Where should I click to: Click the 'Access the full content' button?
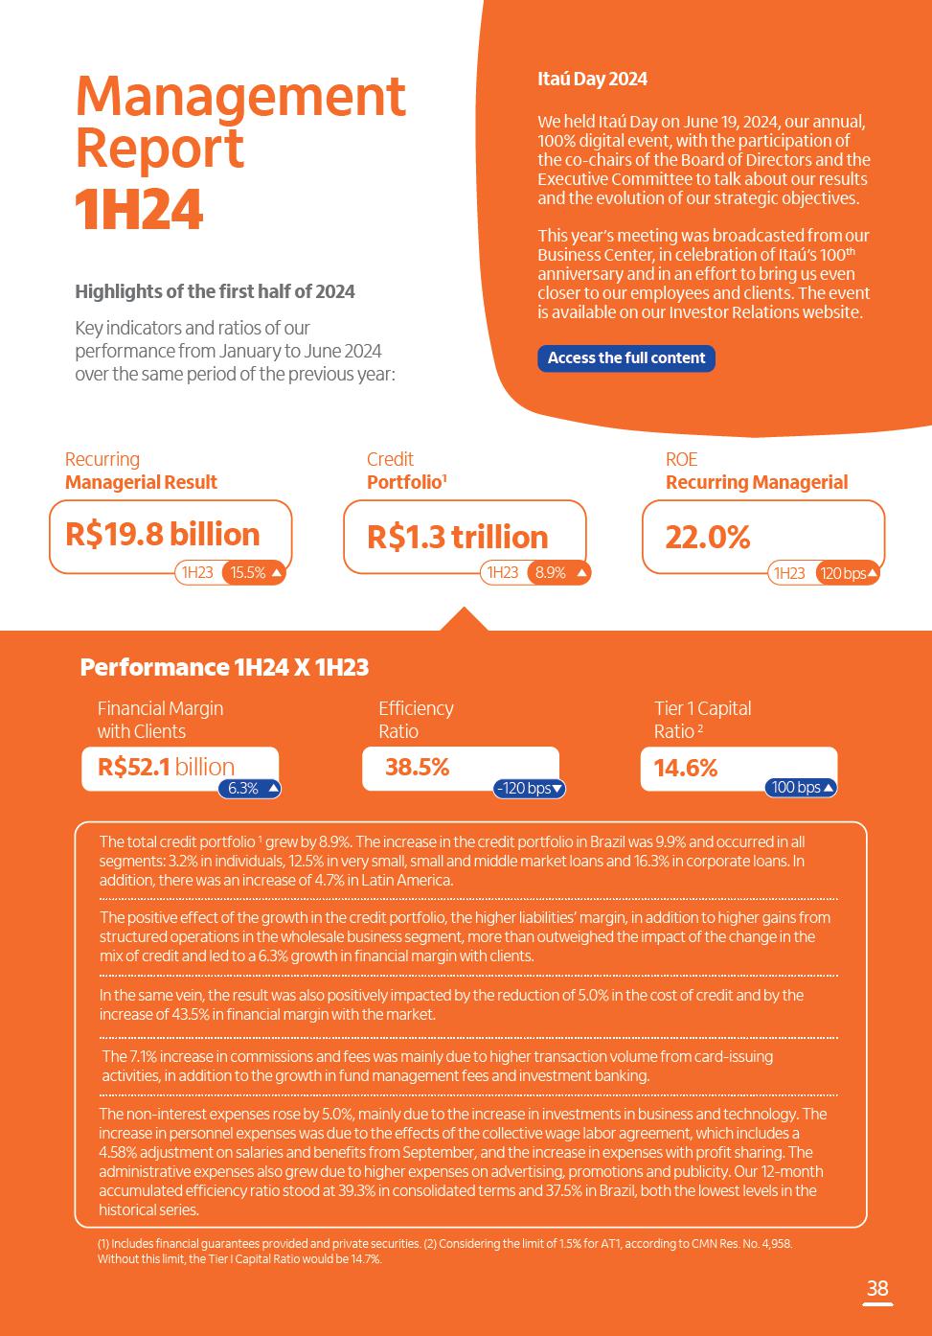coord(625,358)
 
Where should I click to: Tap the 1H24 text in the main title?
coord(139,211)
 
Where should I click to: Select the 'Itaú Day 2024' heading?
coord(592,79)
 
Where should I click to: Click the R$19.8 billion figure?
coord(163,535)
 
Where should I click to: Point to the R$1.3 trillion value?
coord(457,537)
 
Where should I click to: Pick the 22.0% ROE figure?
coord(707,537)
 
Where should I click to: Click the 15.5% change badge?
coord(254,573)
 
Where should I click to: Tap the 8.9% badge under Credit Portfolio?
coord(558,573)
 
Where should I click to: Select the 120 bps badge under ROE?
coord(848,573)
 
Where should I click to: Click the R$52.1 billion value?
coord(166,767)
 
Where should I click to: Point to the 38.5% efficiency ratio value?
coord(417,767)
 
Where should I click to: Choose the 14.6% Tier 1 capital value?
coord(685,768)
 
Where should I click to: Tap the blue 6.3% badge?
coord(250,789)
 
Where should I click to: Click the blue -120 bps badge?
coord(530,789)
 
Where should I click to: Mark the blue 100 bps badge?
coord(802,788)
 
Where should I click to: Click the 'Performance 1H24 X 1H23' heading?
coord(224,667)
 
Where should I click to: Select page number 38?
coord(876,1288)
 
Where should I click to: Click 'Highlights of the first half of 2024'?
coord(215,291)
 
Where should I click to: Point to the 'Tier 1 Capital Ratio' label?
coord(702,720)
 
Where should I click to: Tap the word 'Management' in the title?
coord(240,96)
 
